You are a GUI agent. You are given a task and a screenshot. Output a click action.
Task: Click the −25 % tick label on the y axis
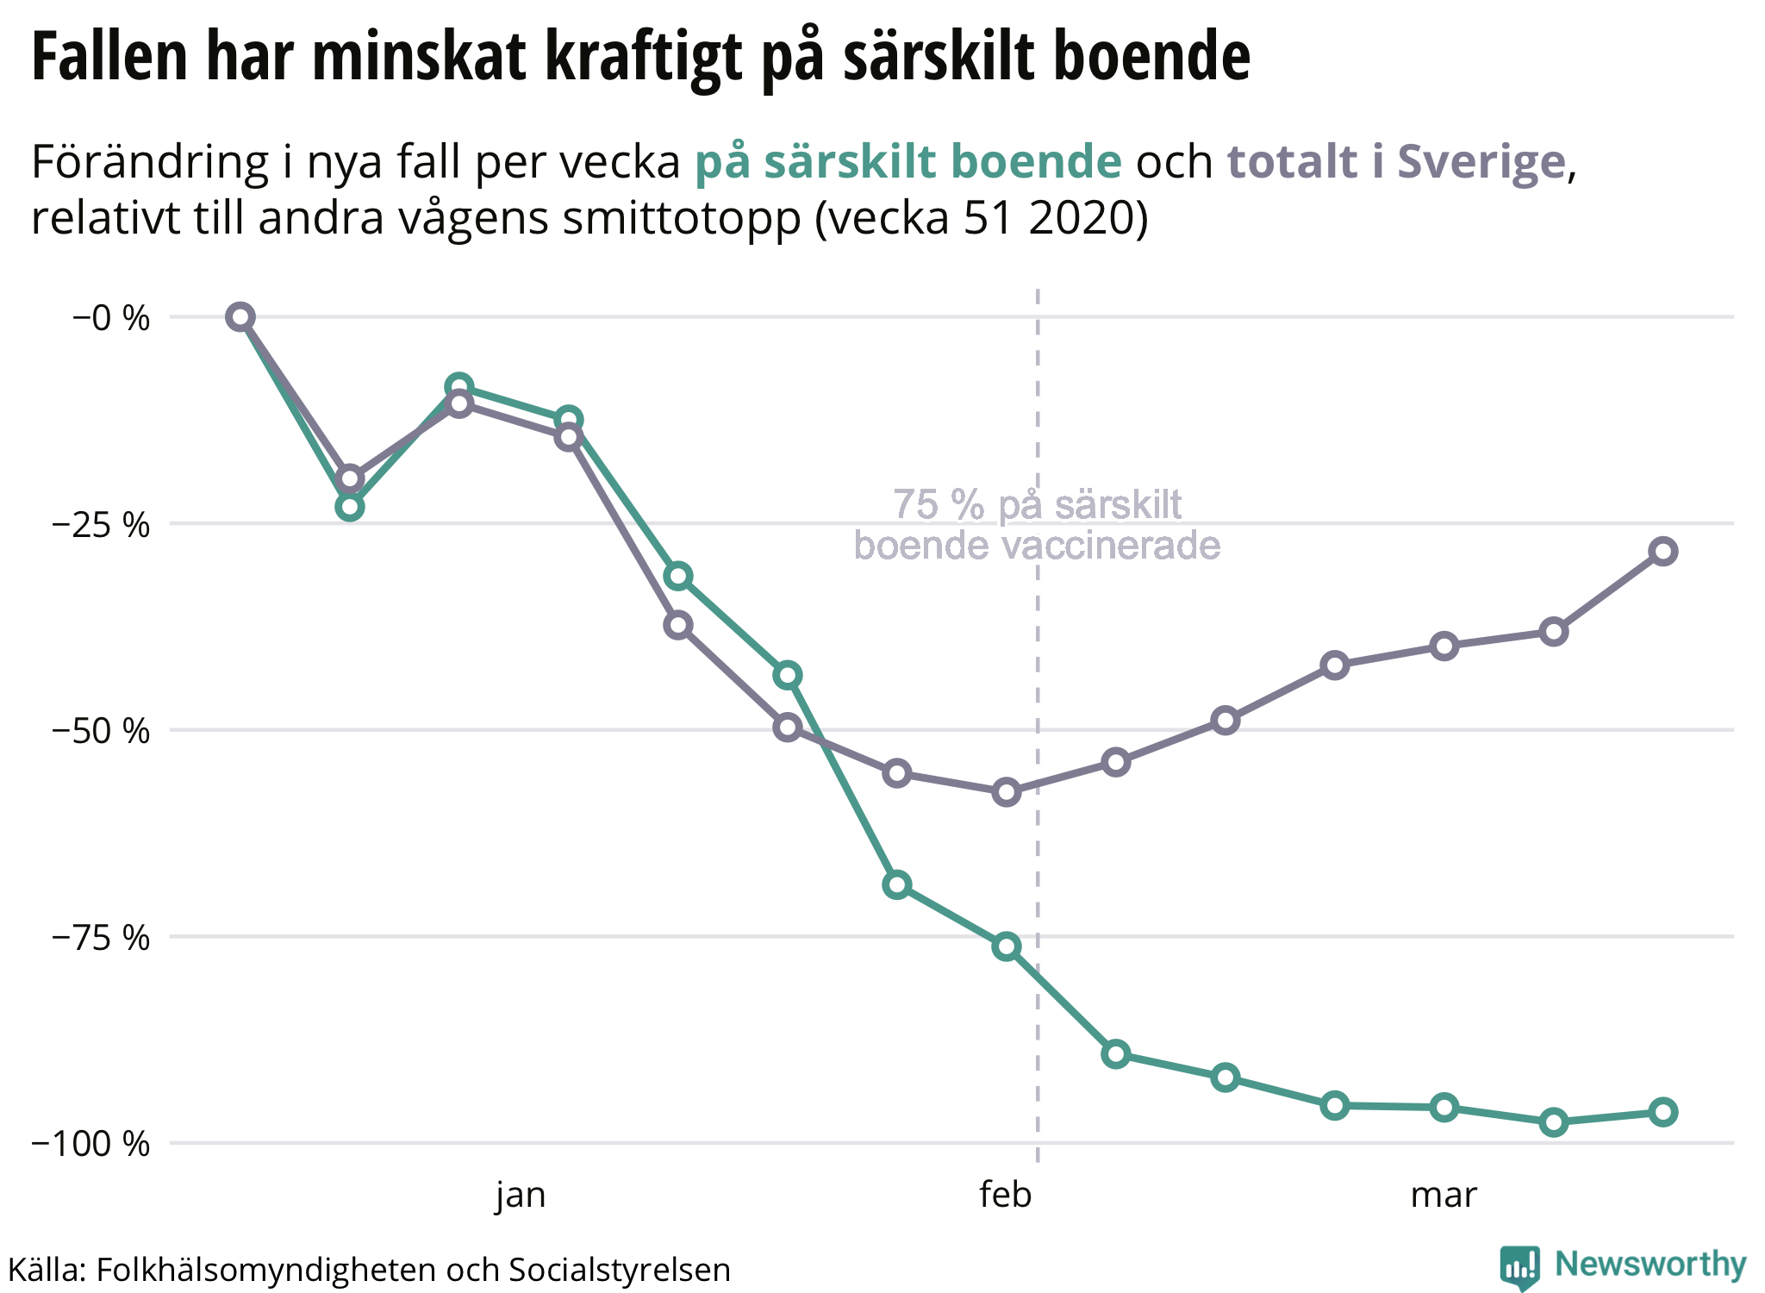click(100, 525)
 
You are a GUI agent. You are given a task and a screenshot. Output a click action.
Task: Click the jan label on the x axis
click(521, 1196)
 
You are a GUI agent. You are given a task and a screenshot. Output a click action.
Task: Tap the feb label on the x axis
click(1005, 1196)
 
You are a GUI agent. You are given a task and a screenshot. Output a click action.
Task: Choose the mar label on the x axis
click(1444, 1196)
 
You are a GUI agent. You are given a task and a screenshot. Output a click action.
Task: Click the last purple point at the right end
click(1662, 552)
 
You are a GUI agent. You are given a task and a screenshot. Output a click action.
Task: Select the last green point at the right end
click(1662, 1112)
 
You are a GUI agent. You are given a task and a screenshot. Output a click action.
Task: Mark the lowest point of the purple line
click(1006, 792)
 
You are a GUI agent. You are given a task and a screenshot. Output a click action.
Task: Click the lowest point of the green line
click(1553, 1122)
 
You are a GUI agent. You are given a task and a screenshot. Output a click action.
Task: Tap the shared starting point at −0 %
click(240, 317)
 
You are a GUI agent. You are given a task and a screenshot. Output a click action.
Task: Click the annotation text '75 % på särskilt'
click(1038, 505)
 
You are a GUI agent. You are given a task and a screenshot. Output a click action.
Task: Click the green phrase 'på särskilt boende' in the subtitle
click(908, 162)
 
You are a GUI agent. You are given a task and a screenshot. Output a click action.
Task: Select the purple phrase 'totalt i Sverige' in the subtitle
click(1395, 162)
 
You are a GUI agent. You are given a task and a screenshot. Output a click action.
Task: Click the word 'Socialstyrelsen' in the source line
click(619, 1270)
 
